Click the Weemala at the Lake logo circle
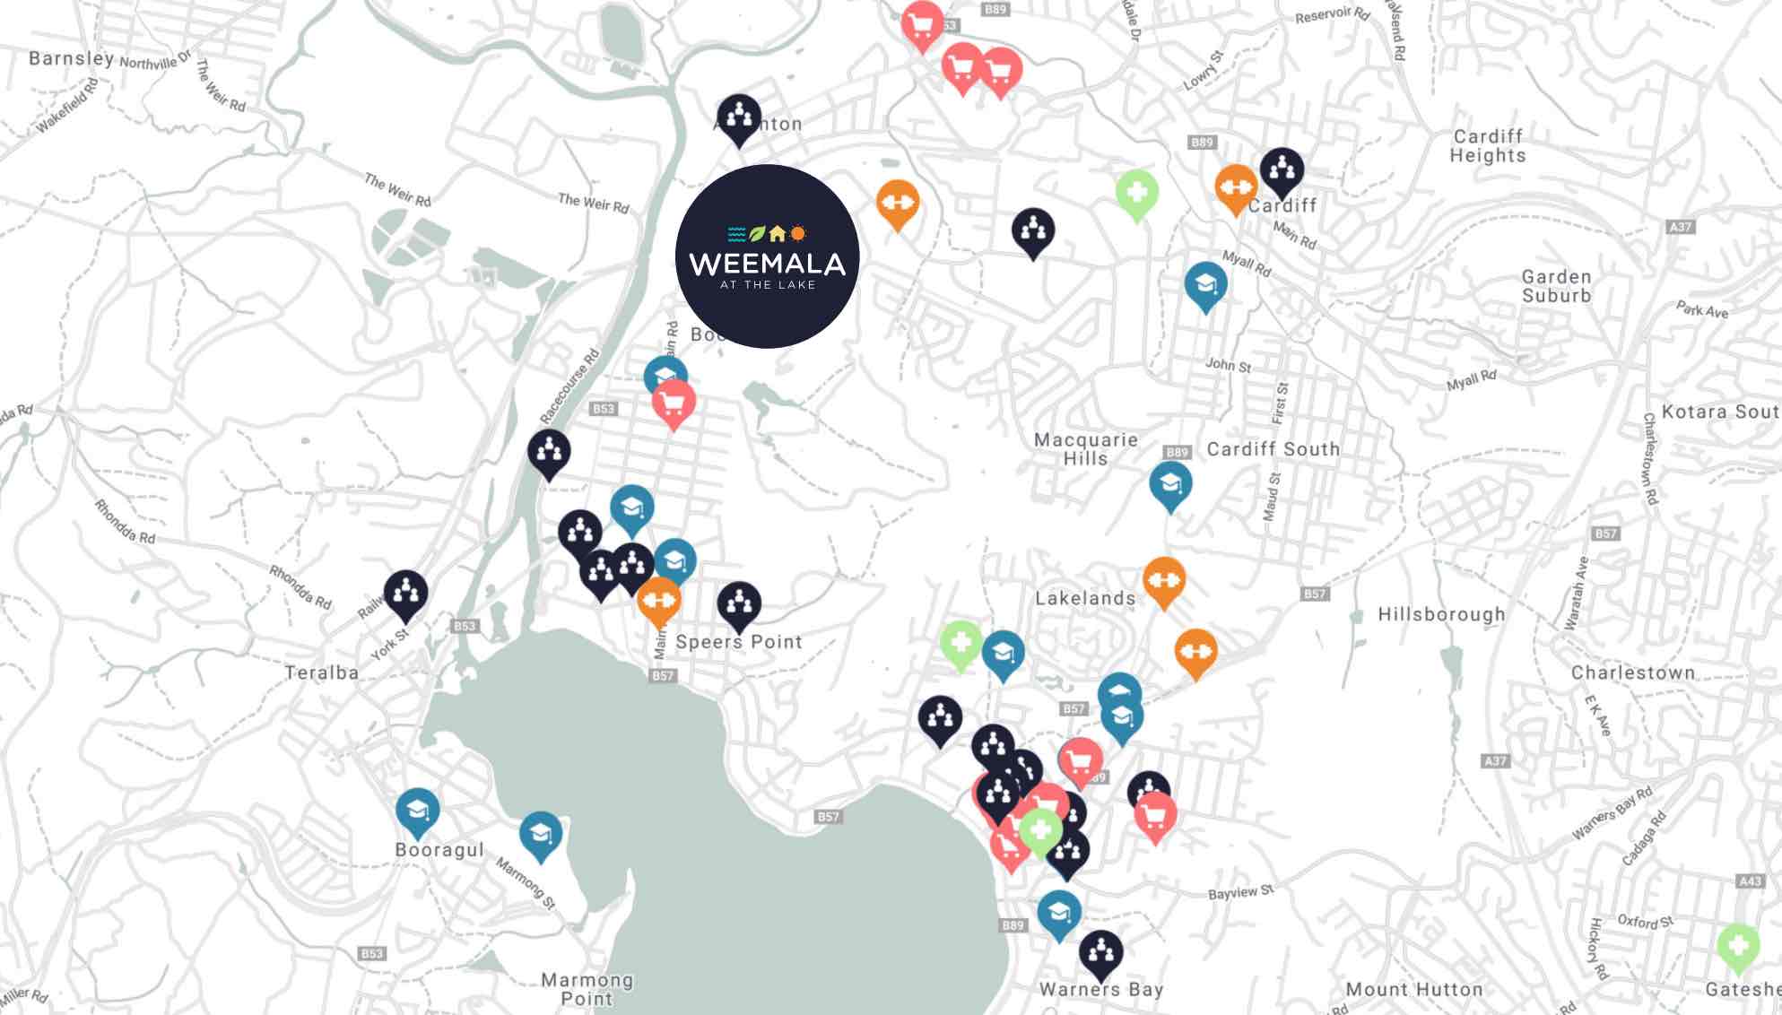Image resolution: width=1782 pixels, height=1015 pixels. click(767, 256)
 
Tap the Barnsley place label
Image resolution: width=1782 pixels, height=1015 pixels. click(71, 58)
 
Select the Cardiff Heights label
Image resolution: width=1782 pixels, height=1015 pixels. click(1488, 145)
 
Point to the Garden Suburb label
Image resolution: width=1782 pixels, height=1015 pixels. click(1556, 286)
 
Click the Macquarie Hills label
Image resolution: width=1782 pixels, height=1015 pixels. click(1085, 448)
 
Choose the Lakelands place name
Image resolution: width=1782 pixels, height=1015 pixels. click(1085, 598)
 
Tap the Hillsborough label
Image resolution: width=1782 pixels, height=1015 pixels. click(1441, 614)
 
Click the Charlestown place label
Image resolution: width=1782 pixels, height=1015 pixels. click(1632, 672)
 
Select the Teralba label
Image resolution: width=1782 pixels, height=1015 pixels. click(321, 672)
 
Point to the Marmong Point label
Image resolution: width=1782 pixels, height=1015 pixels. click(587, 989)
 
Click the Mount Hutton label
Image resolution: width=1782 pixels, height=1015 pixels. click(1413, 989)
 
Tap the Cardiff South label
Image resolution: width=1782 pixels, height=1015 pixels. click(1273, 448)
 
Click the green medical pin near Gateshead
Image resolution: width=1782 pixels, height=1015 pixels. click(1737, 945)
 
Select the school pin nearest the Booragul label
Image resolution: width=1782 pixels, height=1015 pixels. click(417, 811)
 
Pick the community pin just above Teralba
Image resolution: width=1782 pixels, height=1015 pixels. click(405, 592)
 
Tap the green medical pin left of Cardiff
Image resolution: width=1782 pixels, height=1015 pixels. click(1136, 192)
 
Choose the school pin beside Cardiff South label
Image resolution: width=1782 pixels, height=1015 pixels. click(1170, 484)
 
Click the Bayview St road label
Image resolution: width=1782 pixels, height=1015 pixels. click(1240, 892)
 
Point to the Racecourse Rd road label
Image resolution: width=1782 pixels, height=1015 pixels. click(569, 386)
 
